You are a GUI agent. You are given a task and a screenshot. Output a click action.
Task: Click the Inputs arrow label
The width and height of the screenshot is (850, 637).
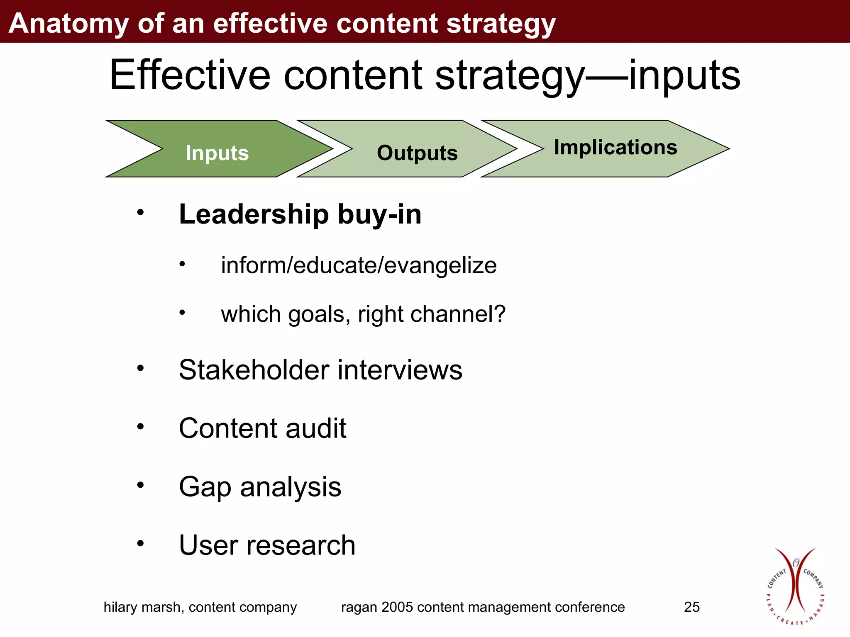(217, 153)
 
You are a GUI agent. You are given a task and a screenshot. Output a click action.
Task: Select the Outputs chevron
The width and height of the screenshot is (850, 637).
(417, 153)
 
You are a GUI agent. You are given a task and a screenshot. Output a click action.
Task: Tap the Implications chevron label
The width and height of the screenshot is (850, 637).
(615, 147)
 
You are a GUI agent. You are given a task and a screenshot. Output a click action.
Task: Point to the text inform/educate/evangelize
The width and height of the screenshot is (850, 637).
(359, 265)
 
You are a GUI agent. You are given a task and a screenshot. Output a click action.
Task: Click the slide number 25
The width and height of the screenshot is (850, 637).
(691, 607)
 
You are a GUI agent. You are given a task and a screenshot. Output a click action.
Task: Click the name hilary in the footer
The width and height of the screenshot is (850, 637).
(120, 607)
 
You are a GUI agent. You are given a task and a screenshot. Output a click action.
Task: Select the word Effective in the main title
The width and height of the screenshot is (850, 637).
(190, 75)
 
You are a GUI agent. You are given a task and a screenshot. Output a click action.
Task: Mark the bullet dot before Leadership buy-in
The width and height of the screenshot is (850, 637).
(141, 212)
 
